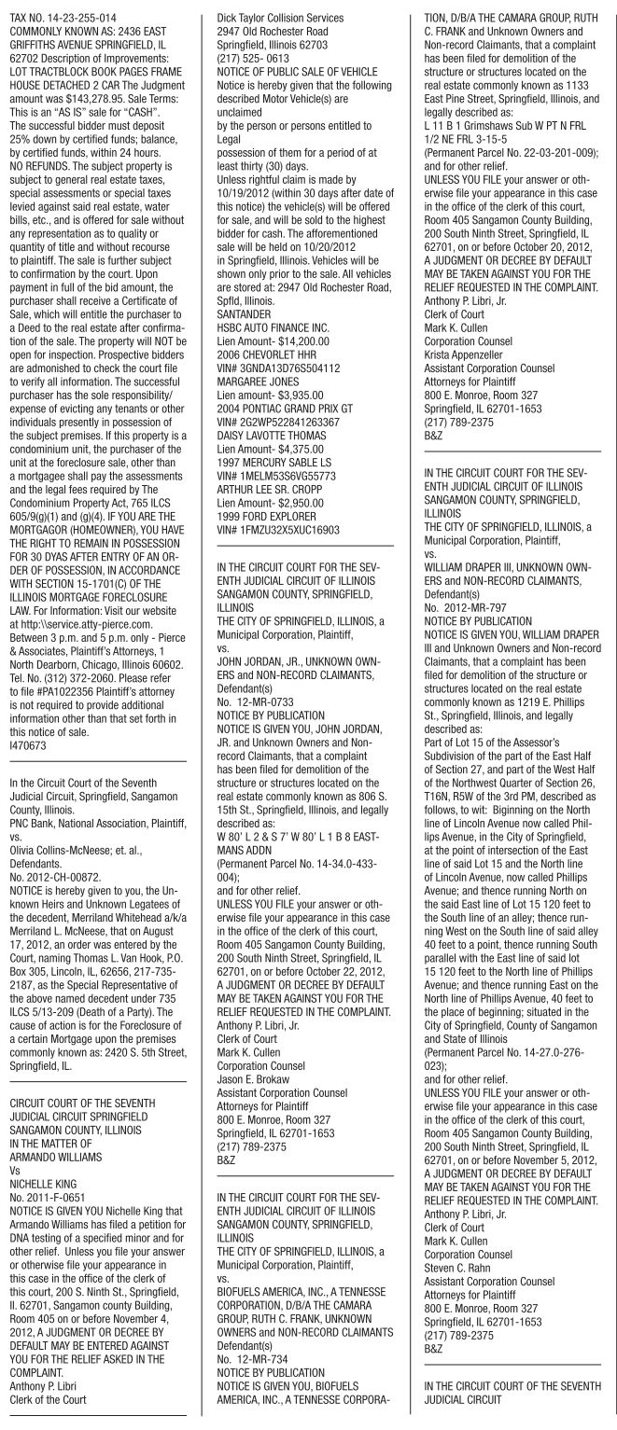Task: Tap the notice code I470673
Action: (x=23, y=735)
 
